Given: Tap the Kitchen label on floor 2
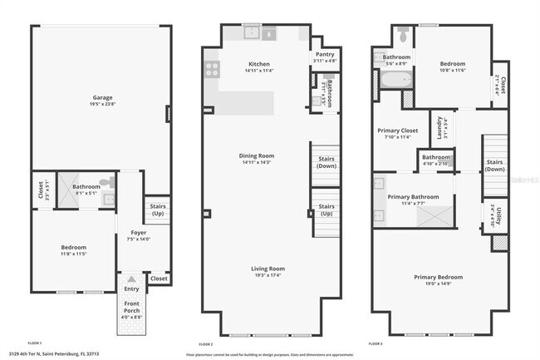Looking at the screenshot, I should (260, 64).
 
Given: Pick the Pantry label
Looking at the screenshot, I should (325, 54).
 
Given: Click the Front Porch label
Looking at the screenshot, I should (132, 315).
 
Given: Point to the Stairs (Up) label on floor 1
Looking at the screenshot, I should (156, 208).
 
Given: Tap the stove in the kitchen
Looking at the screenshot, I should (212, 68).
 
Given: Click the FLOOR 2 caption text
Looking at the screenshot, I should (205, 343).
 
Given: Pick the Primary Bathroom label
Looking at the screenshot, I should (413, 197).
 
